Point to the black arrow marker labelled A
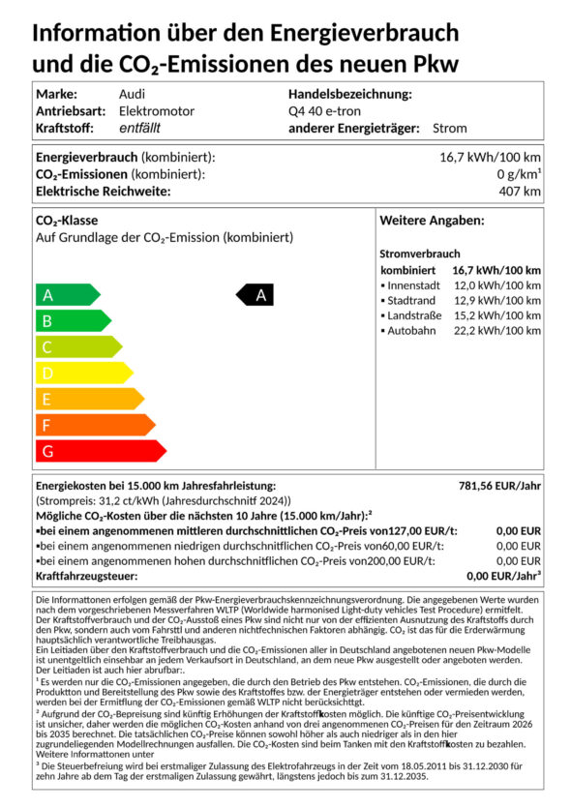[256, 295]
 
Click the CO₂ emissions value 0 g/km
[519, 174]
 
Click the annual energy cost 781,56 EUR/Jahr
[498, 485]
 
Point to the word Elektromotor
[156, 110]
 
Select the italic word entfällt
[140, 128]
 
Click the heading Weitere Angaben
[432, 221]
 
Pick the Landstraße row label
[413, 315]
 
